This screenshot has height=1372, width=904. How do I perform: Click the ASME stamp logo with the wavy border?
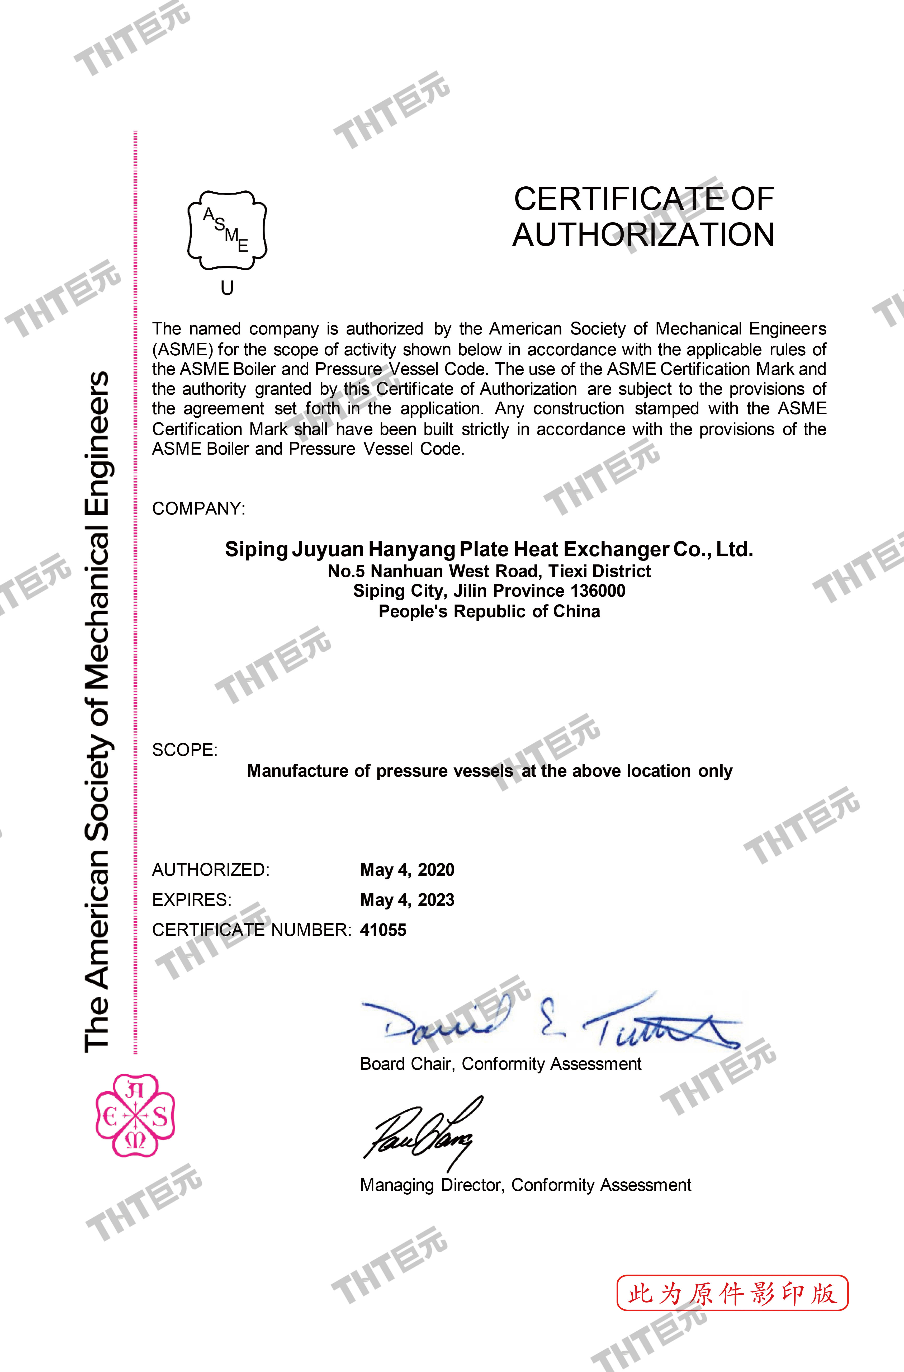click(227, 230)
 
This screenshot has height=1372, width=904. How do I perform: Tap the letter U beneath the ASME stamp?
click(227, 288)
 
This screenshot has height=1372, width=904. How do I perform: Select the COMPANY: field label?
click(198, 509)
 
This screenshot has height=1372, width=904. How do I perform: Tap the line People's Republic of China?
click(489, 611)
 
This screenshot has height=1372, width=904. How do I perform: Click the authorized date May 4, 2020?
click(407, 870)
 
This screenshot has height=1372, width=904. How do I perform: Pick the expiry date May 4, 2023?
click(407, 900)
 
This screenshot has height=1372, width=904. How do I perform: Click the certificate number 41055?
click(383, 930)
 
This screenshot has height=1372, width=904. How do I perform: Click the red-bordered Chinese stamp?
click(732, 1294)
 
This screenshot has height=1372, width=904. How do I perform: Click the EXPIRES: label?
click(191, 900)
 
